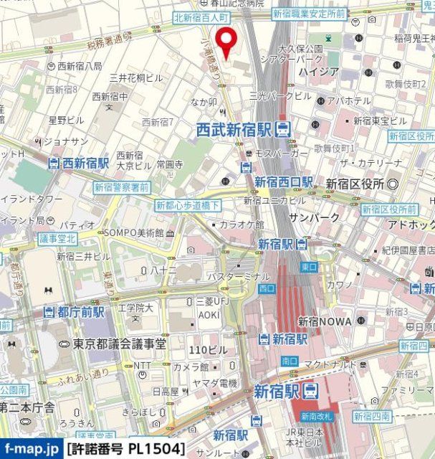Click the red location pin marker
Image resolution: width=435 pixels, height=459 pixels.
pyautogui.click(x=228, y=42)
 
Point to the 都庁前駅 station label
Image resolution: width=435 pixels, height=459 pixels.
pyautogui.click(x=74, y=312)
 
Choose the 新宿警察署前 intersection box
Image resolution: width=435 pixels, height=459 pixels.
pyautogui.click(x=121, y=187)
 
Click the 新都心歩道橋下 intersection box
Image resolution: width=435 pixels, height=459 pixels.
pyautogui.click(x=188, y=205)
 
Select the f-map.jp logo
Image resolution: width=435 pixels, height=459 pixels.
pyautogui.click(x=31, y=450)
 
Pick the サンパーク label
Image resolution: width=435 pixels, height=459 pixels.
pyautogui.click(x=309, y=217)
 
